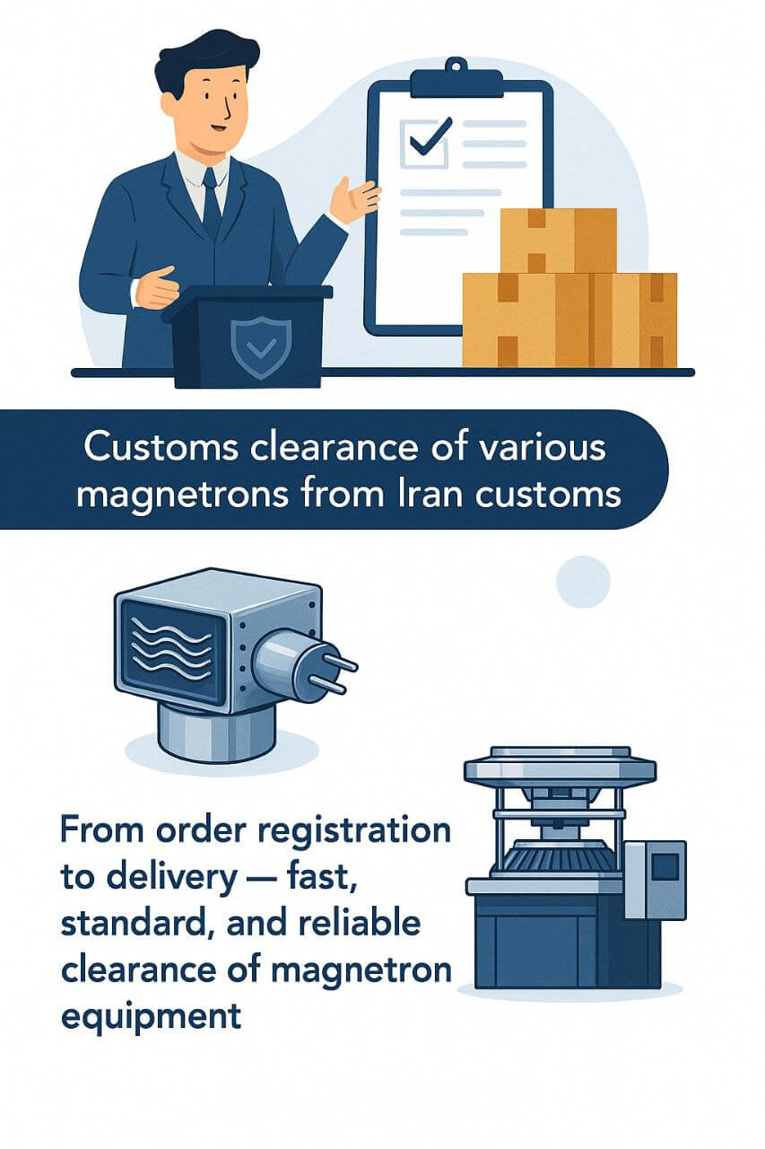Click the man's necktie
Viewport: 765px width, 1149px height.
click(211, 201)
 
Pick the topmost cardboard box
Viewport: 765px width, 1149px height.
click(558, 239)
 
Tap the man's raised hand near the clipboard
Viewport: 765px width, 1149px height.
click(353, 199)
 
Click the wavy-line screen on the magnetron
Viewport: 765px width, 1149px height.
click(170, 649)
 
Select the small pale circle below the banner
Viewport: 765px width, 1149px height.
click(583, 582)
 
